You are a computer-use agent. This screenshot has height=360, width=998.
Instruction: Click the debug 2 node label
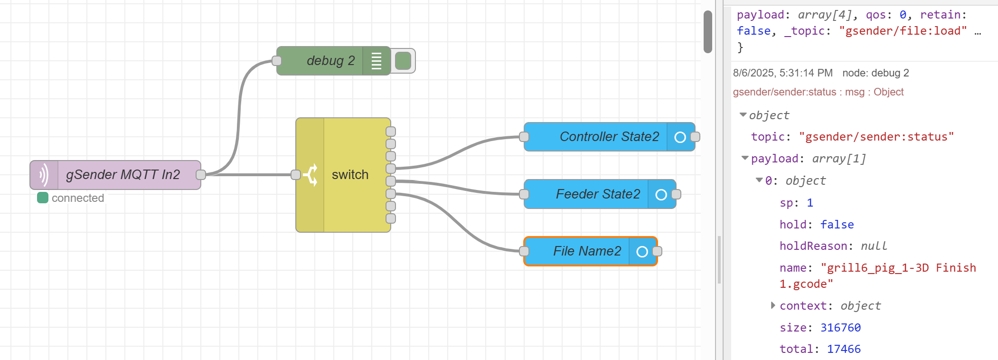330,61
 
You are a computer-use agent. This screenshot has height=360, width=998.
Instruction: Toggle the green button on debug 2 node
403,61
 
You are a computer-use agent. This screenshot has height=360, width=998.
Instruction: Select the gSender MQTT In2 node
123,175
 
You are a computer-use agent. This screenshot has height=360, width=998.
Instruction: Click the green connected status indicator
43,198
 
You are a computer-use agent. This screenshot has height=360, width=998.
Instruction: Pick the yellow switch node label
350,175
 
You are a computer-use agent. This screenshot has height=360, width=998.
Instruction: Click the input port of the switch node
296,175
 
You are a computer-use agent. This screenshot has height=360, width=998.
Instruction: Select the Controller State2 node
609,137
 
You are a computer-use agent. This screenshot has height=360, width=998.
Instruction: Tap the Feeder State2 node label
598,194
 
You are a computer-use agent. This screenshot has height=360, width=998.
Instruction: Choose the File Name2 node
587,251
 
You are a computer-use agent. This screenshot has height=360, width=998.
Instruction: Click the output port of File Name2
657,251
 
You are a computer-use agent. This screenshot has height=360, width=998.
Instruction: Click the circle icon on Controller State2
680,137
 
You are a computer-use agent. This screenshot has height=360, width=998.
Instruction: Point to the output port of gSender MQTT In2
201,175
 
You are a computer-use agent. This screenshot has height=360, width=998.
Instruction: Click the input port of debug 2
277,61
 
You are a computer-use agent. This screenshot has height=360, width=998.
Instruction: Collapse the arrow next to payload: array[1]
745,158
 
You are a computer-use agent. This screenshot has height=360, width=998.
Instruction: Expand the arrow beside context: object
773,305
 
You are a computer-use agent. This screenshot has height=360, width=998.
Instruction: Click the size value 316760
840,328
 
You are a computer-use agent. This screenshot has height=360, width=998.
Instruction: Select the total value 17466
844,349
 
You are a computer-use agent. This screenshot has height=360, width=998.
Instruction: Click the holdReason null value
874,246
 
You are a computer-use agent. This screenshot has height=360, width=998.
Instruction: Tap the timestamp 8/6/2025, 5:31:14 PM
782,73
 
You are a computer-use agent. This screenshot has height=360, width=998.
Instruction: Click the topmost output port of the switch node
391,132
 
